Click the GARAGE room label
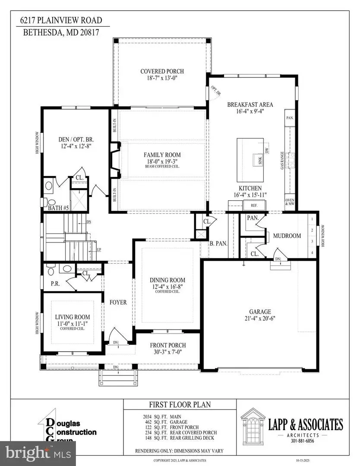(259, 312)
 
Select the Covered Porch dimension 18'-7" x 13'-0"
(162, 79)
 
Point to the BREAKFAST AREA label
(250, 104)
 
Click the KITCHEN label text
(250, 188)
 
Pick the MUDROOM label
(286, 236)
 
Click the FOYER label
(118, 302)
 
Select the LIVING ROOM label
(73, 317)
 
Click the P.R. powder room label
(55, 284)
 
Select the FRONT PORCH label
(168, 345)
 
